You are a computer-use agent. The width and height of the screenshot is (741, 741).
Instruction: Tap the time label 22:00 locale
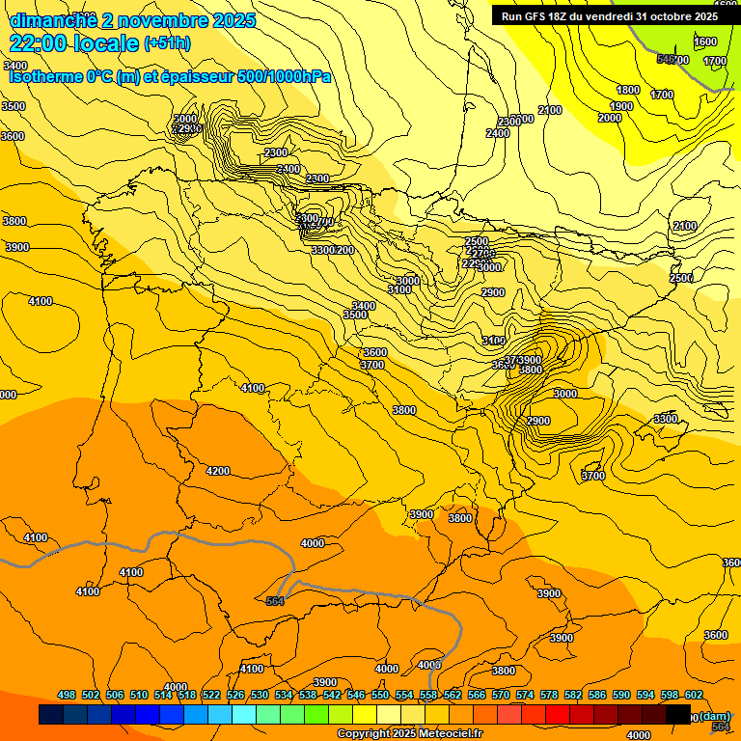[73, 42]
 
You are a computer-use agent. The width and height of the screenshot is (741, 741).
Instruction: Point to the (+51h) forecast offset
[167, 43]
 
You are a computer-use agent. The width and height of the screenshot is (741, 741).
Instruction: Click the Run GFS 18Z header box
[609, 15]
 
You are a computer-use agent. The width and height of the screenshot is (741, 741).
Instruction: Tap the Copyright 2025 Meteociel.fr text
[410, 733]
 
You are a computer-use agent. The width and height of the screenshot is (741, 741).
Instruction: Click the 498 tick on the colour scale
[67, 695]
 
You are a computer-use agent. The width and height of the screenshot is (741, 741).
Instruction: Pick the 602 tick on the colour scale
[693, 695]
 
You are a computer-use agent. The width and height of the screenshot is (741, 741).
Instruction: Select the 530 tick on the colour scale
[260, 695]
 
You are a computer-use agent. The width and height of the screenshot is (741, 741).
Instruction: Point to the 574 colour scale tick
[524, 695]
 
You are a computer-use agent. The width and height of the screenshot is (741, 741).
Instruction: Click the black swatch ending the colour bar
[678, 715]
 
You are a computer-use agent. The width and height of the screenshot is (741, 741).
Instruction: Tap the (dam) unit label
[714, 715]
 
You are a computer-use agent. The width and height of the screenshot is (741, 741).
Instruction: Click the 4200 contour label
[218, 471]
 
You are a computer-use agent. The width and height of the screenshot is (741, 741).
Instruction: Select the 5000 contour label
[184, 119]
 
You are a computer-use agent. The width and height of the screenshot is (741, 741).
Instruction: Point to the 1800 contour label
[628, 90]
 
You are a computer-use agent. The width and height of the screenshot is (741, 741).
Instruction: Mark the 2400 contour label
[498, 133]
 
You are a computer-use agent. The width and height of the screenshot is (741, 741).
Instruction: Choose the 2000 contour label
[610, 118]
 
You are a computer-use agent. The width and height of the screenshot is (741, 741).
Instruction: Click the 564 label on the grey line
[276, 600]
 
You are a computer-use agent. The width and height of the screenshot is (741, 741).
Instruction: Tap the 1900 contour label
[621, 106]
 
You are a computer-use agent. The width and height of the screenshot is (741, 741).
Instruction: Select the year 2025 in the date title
[234, 19]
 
